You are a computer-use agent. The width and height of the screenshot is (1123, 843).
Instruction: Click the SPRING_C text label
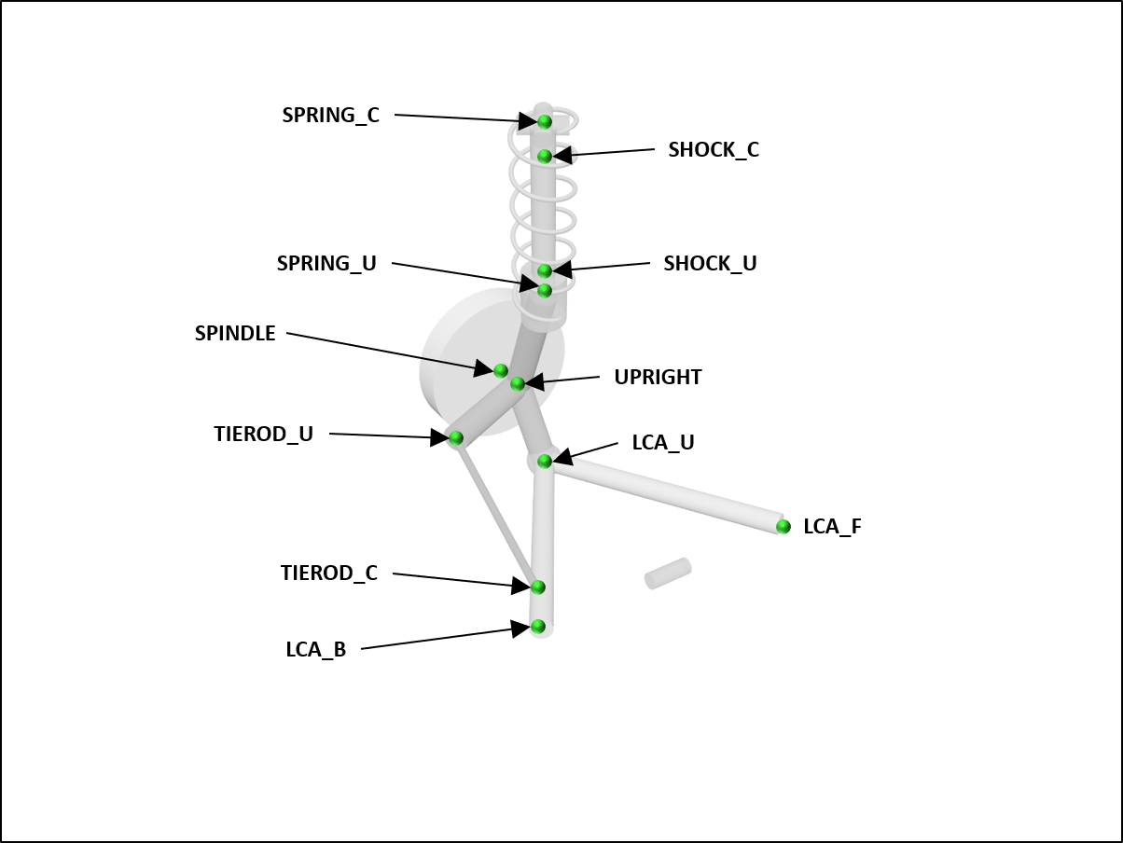pyautogui.click(x=331, y=116)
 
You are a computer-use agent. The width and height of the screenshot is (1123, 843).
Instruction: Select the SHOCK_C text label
pyautogui.click(x=714, y=150)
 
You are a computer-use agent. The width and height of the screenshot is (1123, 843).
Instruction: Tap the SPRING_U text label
pyautogui.click(x=326, y=264)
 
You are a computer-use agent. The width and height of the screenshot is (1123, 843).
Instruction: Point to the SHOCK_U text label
pyautogui.click(x=710, y=264)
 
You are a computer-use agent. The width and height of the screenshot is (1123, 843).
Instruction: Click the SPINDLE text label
pyautogui.click(x=235, y=334)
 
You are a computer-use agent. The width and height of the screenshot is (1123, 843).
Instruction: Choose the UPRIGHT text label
pyautogui.click(x=658, y=378)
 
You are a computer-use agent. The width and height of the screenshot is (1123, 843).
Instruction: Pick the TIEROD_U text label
pyautogui.click(x=263, y=435)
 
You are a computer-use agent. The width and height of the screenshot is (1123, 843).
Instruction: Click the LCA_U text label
pyautogui.click(x=663, y=443)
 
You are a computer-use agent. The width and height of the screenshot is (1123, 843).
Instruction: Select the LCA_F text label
pyautogui.click(x=832, y=527)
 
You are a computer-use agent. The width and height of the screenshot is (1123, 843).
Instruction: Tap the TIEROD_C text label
pyautogui.click(x=329, y=574)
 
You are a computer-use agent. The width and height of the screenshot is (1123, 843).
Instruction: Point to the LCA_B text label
pyautogui.click(x=315, y=650)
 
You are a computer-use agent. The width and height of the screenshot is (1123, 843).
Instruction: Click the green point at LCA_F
pyautogui.click(x=783, y=527)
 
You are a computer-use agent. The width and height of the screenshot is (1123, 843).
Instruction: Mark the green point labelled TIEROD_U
pyautogui.click(x=456, y=437)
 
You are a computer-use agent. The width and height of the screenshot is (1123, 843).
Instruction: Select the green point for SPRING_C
pyautogui.click(x=545, y=122)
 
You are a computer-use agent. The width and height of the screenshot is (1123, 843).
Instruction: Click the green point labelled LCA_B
pyautogui.click(x=538, y=626)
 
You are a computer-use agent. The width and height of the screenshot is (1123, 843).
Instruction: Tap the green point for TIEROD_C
pyautogui.click(x=538, y=587)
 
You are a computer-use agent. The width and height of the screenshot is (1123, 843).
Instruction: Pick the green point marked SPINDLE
pyautogui.click(x=501, y=370)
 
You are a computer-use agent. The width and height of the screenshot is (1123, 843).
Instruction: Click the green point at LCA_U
pyautogui.click(x=545, y=461)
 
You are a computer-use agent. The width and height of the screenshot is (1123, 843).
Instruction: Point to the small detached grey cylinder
pyautogui.click(x=668, y=574)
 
